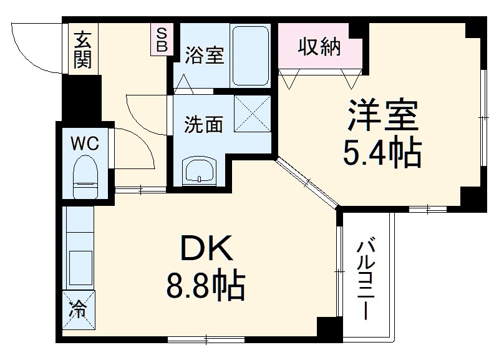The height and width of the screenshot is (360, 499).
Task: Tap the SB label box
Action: (161, 39)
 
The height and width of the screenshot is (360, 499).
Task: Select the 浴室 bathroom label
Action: (203, 56)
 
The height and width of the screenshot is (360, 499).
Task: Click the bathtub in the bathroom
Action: (251, 56)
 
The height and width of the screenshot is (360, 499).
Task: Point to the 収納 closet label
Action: (319, 47)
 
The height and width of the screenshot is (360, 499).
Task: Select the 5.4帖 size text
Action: (382, 153)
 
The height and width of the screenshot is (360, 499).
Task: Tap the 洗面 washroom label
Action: (203, 124)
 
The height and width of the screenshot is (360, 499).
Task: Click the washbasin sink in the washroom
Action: (199, 170)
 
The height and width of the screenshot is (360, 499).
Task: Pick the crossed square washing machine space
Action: (253, 114)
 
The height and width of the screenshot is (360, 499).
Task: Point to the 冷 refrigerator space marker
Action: (79, 308)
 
